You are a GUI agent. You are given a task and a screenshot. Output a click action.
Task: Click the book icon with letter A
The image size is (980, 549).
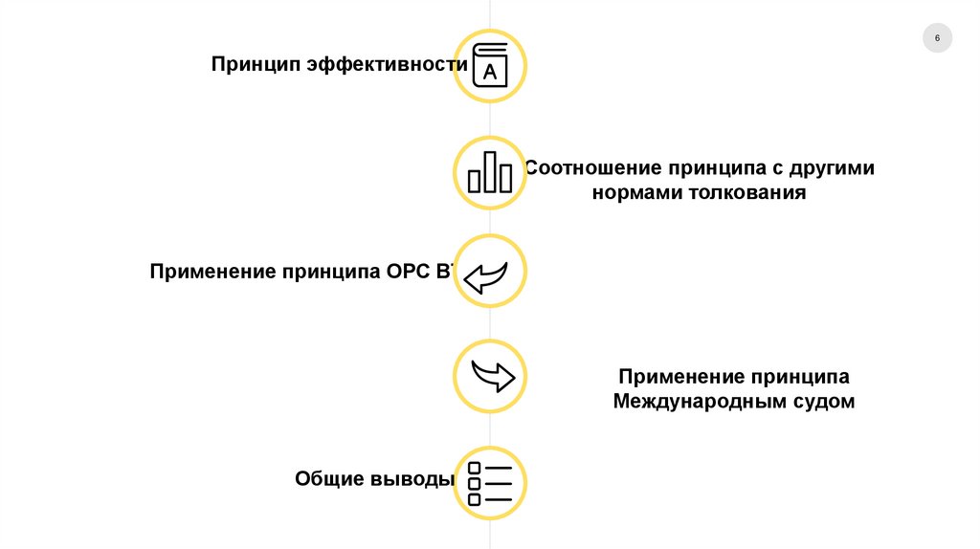coord(490,66)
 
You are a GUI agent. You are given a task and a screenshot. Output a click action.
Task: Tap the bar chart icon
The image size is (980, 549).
coord(490,172)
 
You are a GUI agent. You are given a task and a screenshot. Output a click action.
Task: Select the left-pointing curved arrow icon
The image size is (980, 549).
coord(490,272)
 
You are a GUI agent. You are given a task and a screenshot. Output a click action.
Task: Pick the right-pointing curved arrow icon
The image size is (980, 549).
coord(490,375)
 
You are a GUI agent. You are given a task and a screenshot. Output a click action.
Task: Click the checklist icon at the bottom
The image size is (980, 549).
coord(490,483)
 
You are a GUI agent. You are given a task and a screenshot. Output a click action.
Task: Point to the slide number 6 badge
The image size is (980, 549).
coord(937,38)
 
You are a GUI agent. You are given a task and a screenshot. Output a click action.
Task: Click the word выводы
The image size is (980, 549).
coord(412,478)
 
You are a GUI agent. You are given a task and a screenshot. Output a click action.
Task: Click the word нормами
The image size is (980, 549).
coord(628,192)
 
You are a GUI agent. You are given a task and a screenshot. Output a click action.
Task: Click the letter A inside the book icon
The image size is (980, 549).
coord(490,71)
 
